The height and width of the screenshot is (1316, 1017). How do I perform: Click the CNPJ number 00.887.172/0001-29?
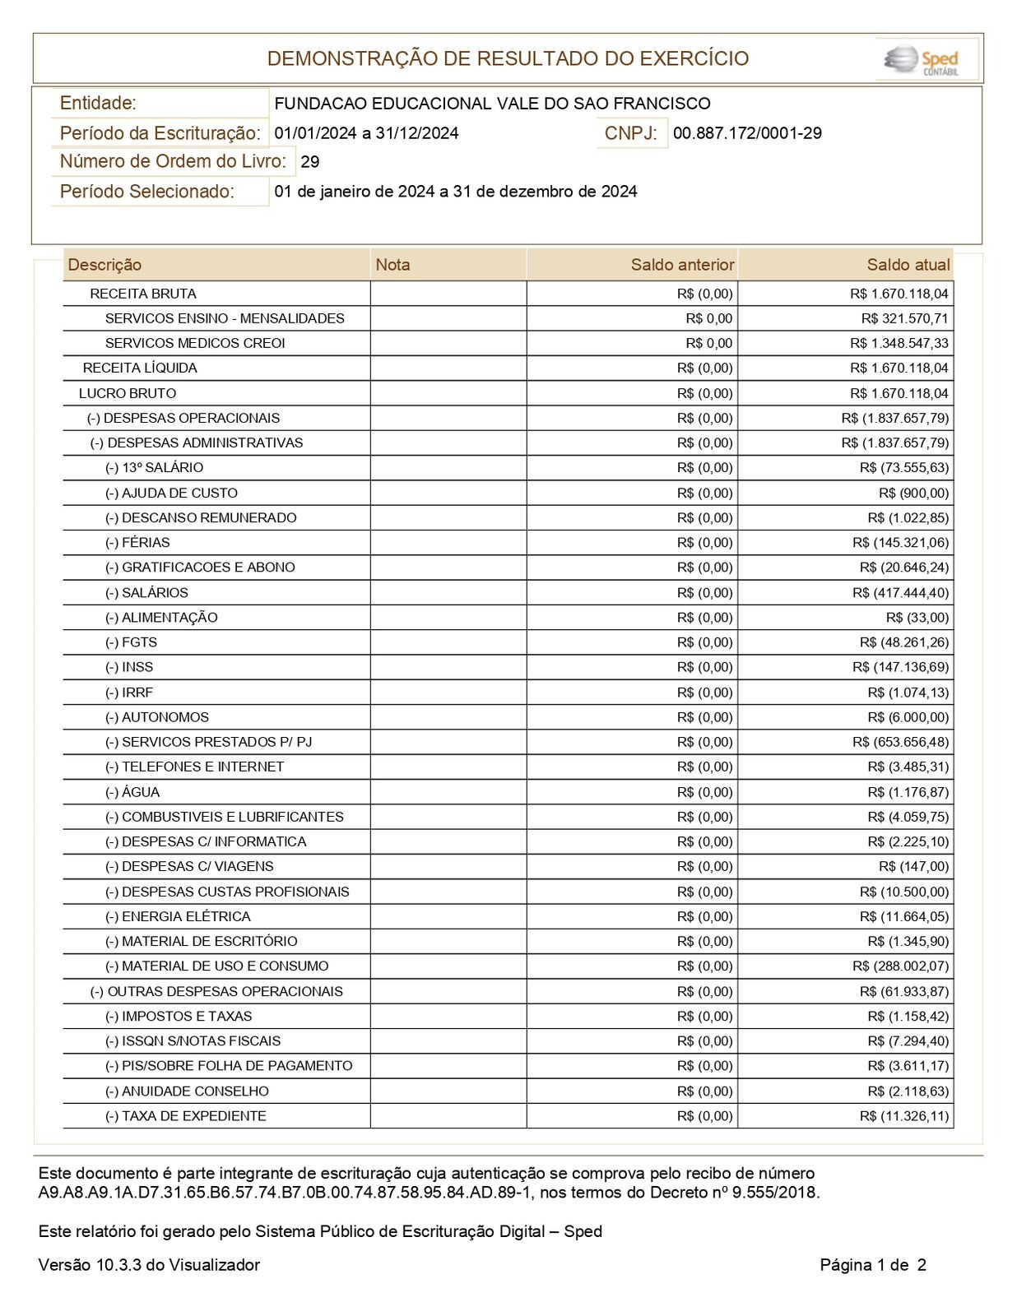747,133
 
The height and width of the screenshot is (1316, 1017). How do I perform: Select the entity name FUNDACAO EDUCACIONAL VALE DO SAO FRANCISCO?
492,104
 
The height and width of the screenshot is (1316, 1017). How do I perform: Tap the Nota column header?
392,265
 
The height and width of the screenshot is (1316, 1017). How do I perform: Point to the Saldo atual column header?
908,265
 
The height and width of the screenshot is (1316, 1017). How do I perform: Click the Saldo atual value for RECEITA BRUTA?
899,294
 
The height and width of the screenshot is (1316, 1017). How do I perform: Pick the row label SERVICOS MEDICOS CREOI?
195,343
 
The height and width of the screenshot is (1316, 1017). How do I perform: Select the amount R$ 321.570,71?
904,318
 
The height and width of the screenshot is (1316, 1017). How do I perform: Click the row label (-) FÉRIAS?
137,543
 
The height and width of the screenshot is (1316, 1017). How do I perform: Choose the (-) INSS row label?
129,667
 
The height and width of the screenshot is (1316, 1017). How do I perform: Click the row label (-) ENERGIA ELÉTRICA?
178,916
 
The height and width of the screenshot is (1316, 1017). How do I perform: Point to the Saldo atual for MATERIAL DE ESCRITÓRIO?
908,941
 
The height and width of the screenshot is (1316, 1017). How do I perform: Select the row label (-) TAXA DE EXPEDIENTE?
186,1116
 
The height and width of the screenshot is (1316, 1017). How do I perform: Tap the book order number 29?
310,162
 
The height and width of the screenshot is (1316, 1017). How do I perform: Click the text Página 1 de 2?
872,1265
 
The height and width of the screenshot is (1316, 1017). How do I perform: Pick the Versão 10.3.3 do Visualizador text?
149,1265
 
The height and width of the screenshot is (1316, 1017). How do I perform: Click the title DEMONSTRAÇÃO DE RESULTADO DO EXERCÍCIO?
508,59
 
